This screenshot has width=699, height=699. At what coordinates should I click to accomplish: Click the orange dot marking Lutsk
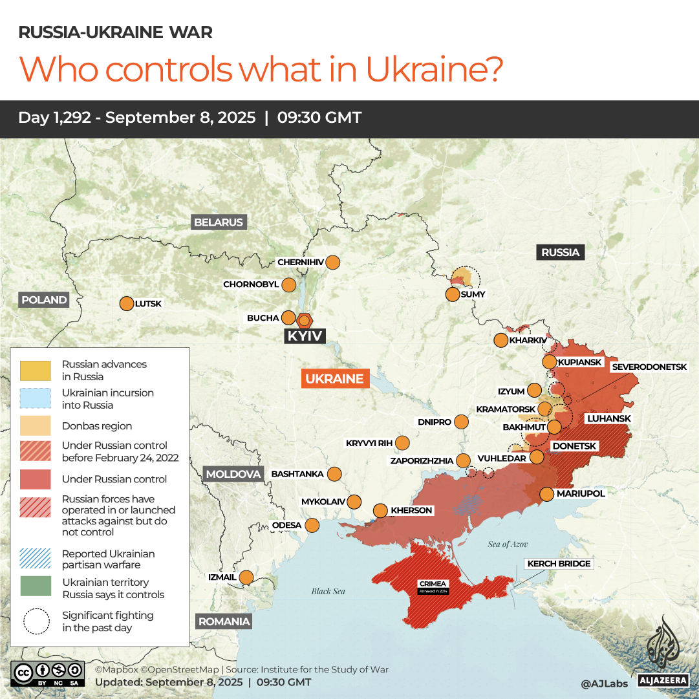[126, 303]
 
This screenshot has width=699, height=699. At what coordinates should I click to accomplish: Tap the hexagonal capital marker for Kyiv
[305, 319]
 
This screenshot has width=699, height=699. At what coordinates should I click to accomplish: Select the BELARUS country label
[219, 222]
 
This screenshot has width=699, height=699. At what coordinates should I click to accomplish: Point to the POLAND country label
[44, 300]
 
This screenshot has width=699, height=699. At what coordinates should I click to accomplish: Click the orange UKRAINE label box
[335, 379]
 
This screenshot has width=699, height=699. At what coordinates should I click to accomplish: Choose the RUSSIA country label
[560, 252]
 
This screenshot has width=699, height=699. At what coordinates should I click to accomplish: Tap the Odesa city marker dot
[312, 525]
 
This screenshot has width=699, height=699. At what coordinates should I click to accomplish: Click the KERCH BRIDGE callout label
[559, 564]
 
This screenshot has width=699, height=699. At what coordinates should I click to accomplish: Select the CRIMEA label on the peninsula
[433, 585]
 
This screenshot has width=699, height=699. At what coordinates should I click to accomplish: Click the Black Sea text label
[328, 591]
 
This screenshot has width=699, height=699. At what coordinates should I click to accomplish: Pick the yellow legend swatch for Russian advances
[36, 371]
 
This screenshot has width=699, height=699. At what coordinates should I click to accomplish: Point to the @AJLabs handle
[603, 683]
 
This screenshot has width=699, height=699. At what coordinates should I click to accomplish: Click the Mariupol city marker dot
[546, 494]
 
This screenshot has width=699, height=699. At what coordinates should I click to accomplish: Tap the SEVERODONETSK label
[649, 367]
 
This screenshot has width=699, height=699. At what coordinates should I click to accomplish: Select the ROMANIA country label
[224, 621]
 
